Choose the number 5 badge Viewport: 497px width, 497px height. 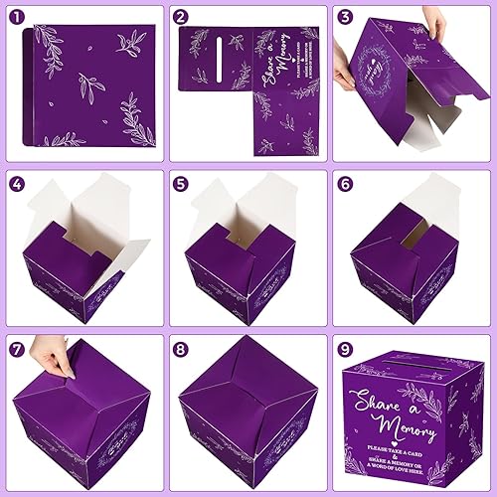(x=181, y=184)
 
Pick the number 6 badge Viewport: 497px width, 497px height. (x=345, y=184)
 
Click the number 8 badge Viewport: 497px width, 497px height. (x=181, y=349)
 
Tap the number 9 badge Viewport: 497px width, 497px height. (x=345, y=349)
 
